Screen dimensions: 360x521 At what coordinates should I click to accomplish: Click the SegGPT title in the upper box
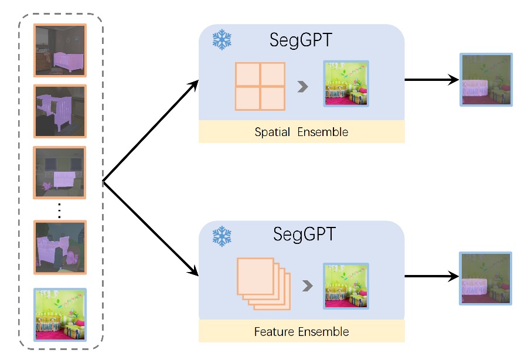tap(301, 40)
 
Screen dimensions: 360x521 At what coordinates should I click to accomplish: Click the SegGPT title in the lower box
tap(304, 235)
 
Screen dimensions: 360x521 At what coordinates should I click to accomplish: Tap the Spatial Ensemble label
tap(301, 132)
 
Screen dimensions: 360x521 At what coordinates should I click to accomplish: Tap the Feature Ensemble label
tap(301, 332)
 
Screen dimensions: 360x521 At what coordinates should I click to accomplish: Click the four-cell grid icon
tap(260, 86)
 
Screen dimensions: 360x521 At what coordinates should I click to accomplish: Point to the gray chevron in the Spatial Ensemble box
tap(302, 87)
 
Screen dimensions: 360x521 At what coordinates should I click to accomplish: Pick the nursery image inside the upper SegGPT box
tap(346, 83)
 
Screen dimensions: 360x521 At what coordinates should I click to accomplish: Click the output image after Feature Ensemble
tap(485, 279)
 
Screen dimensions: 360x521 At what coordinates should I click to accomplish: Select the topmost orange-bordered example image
tap(60, 50)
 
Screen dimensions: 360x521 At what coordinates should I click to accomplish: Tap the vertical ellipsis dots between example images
tap(59, 210)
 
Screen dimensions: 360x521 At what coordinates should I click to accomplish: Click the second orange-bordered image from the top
tap(60, 111)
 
